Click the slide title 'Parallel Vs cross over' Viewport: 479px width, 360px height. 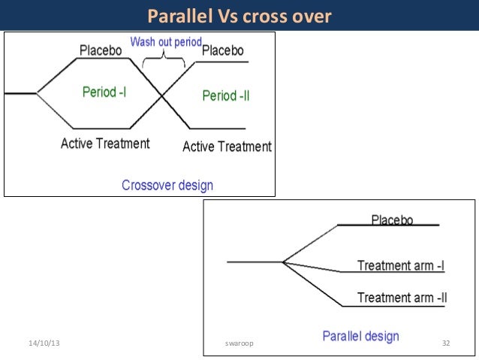click(239, 16)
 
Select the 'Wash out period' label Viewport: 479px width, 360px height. click(166, 42)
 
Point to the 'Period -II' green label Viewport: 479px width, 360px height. click(226, 95)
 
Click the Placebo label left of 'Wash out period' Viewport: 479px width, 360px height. click(101, 50)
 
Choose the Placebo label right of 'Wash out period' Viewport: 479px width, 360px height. click(223, 50)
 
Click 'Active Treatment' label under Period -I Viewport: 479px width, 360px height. click(105, 143)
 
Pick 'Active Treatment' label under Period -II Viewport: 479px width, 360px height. click(227, 147)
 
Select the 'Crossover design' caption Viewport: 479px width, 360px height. click(167, 185)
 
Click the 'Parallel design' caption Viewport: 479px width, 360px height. click(360, 336)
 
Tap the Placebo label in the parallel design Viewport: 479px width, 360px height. click(393, 219)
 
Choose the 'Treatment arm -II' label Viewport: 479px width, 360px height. click(402, 298)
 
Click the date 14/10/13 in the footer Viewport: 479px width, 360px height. click(44, 343)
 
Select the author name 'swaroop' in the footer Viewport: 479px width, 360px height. click(239, 343)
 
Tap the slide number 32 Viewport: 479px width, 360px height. click(445, 343)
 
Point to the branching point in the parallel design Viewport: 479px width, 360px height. click(282, 262)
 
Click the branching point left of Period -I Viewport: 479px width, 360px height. click(38, 94)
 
